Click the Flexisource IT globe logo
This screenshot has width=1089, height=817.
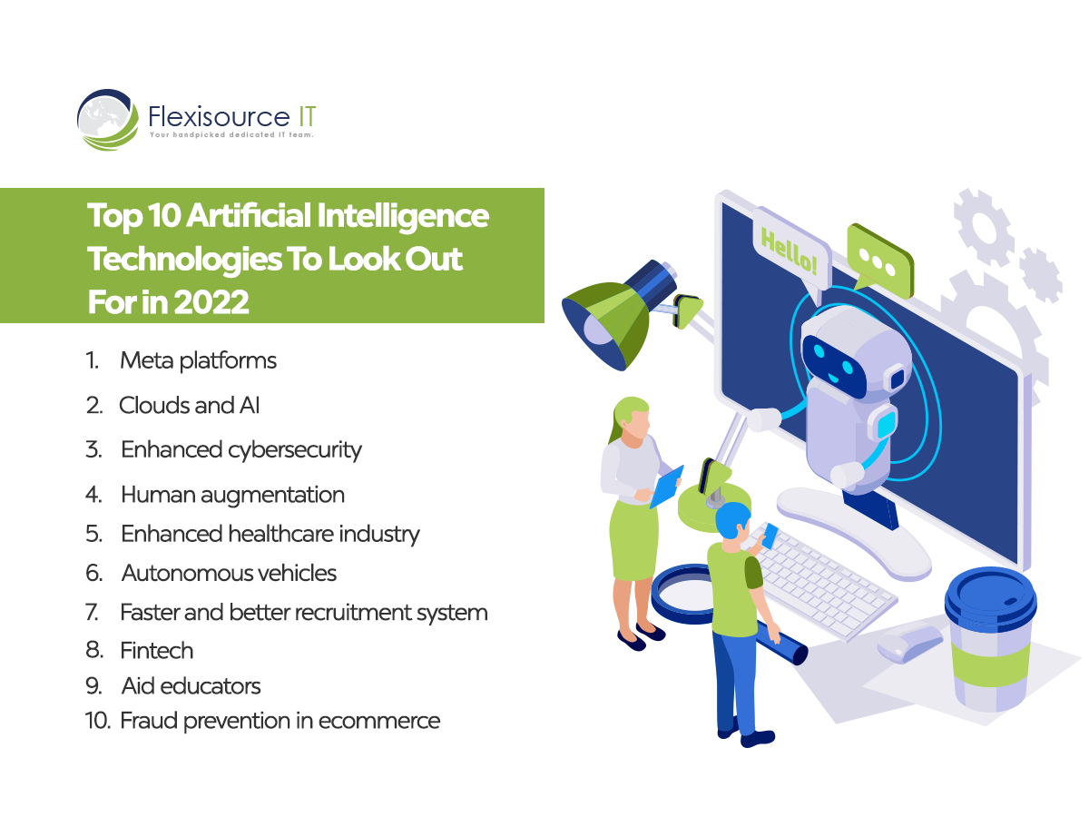pos(108,120)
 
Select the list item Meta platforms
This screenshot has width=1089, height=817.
pos(198,360)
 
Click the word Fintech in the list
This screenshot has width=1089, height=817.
pos(156,650)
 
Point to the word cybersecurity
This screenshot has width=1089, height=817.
pos(295,450)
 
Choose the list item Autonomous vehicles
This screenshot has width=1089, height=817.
pos(229,573)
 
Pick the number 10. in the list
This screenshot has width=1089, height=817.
pos(97,720)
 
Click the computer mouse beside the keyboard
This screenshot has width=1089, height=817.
pos(910,643)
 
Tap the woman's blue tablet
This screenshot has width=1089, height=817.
pos(667,486)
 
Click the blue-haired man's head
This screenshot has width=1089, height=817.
pos(733,523)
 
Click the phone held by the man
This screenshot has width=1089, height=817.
pos(770,536)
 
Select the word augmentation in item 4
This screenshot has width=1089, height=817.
pos(272,496)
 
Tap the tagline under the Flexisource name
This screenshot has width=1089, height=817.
pos(231,135)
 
